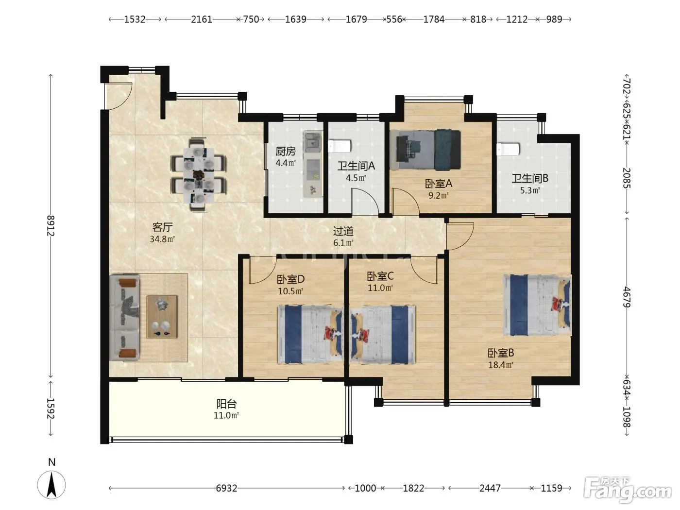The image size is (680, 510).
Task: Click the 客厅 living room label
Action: click(x=162, y=228)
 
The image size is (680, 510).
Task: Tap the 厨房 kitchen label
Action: click(x=286, y=152)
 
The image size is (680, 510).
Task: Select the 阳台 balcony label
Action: click(x=226, y=404)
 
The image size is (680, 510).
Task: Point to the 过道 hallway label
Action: click(x=343, y=231)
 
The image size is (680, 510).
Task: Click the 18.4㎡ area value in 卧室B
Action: click(x=501, y=365)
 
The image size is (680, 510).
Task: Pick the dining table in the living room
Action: click(x=198, y=175)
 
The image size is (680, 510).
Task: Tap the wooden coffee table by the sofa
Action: click(x=162, y=317)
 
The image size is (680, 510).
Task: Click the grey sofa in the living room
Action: click(x=124, y=318)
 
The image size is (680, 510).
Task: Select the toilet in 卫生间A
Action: click(x=340, y=146)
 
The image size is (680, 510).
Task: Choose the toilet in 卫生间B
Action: click(x=508, y=149)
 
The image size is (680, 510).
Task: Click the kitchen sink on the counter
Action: click(x=313, y=143)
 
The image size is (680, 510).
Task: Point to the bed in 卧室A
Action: click(x=425, y=150)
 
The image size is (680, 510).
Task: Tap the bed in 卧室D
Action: click(x=310, y=335)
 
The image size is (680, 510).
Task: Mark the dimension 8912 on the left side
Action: click(x=51, y=226)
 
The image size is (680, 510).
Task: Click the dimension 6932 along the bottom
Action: click(x=226, y=488)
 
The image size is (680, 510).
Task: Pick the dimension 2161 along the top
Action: click(x=202, y=19)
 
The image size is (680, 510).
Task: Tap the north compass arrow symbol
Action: click(x=51, y=485)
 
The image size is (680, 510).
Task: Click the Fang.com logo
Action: click(x=627, y=489)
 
